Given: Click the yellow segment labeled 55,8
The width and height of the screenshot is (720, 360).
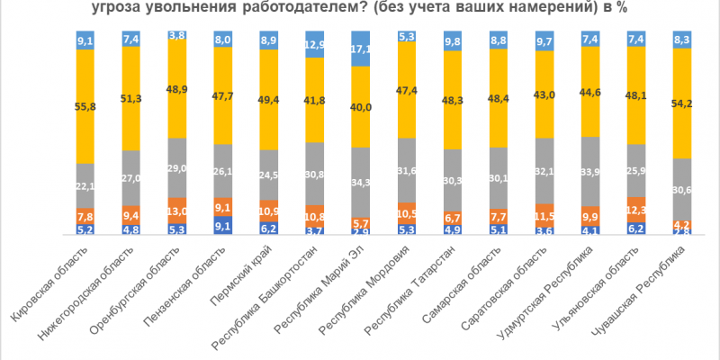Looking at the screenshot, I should point(85,105).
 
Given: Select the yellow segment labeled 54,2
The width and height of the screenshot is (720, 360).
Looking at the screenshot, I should point(682,103).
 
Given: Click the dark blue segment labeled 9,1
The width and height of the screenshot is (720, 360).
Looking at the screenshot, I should point(223,226).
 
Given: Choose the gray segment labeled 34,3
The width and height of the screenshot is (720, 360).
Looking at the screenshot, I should point(361,183).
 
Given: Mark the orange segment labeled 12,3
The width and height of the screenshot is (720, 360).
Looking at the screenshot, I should point(636,210).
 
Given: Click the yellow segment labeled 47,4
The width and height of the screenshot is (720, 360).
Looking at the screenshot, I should point(407,90).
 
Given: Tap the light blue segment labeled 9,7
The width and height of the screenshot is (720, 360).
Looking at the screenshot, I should point(544,41).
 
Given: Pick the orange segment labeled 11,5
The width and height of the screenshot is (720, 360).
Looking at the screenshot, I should point(544,217).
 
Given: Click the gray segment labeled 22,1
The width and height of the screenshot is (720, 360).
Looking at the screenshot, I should point(85,185).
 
